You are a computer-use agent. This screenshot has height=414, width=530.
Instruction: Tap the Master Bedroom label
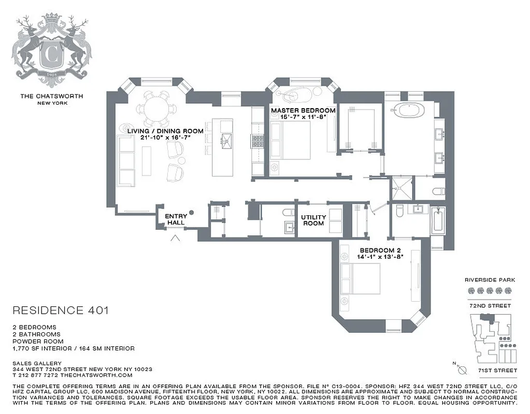tap(303, 110)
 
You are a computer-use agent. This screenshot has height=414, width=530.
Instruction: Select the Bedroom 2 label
tap(384, 250)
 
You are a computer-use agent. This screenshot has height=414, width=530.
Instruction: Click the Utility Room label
tap(313, 220)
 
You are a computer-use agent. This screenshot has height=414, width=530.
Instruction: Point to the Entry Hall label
tap(176, 219)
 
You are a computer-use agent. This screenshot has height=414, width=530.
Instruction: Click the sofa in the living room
tap(126, 161)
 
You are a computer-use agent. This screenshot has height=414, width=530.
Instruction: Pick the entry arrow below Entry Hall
tap(176, 238)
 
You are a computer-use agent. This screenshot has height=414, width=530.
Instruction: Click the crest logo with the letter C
tap(52, 52)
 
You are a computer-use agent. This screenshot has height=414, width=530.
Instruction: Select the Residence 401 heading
tap(60, 310)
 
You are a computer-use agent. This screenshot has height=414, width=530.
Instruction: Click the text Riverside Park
tap(490, 279)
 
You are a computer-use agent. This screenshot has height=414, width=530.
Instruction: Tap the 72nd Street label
tap(490, 306)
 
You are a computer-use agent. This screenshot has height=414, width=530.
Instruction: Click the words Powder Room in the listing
tap(38, 342)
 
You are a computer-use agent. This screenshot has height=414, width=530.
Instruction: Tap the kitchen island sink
tap(226, 139)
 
